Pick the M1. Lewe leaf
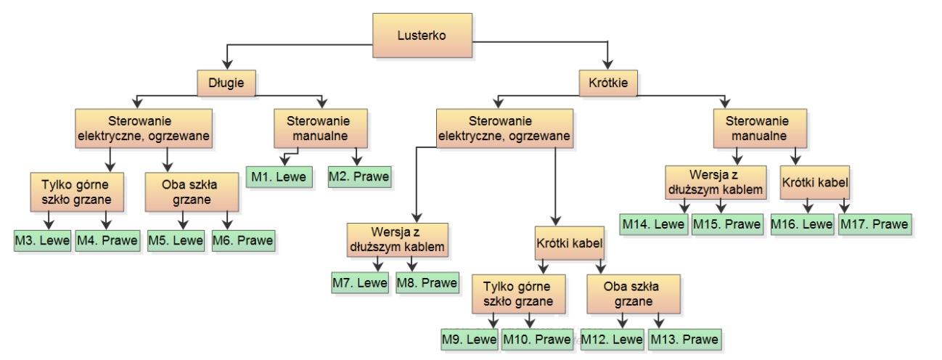279,176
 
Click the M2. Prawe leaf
359,176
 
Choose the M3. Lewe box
42,241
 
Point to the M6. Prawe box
243,241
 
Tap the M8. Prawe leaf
427,282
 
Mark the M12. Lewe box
613,339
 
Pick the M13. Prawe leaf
684,339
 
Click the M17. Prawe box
875,224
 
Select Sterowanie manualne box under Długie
321,128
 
